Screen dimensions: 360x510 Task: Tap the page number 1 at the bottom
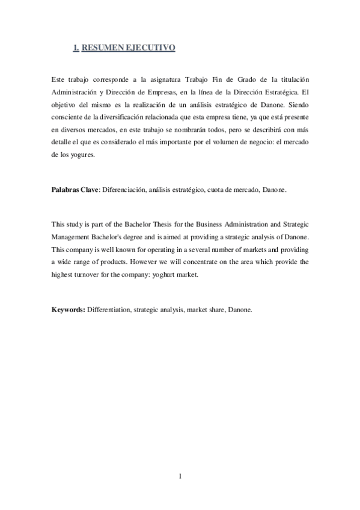point(180,477)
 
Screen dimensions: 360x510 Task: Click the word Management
point(74,236)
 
